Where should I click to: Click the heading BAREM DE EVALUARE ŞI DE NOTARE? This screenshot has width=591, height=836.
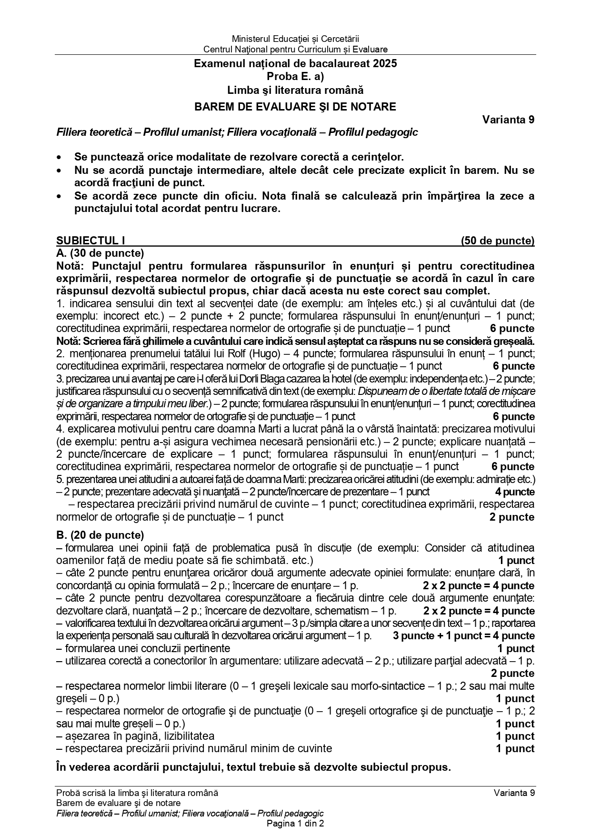pos(295,107)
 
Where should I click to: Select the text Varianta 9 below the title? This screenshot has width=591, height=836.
pos(508,120)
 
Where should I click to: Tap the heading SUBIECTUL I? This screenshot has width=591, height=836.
pos(90,241)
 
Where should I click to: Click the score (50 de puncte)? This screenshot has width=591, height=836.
pos(497,241)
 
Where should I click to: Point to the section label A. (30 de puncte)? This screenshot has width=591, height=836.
pos(100,253)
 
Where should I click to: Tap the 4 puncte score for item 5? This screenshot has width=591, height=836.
pos(514,492)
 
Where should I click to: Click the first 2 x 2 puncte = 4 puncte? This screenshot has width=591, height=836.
pos(478,586)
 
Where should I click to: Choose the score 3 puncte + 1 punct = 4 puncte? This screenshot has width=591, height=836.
pos(463,636)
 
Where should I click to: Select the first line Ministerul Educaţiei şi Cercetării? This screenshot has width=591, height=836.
pos(295,39)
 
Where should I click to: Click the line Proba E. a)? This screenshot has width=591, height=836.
pos(295,77)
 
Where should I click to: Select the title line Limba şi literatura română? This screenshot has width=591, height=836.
pos(295,90)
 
